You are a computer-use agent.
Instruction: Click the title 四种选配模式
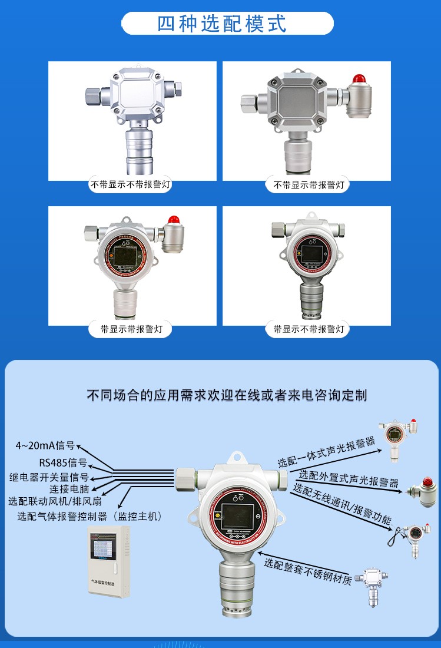pyautogui.click(x=222, y=24)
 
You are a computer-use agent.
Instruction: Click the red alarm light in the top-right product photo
pyautogui.click(x=357, y=79)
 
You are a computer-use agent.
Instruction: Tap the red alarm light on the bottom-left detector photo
pyautogui.click(x=173, y=219)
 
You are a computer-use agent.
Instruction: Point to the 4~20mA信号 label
pyautogui.click(x=45, y=445)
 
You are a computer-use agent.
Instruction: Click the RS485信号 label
pyautogui.click(x=63, y=462)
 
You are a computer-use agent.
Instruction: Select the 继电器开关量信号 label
pyautogui.click(x=49, y=477)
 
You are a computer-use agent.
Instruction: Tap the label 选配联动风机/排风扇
pyautogui.click(x=55, y=502)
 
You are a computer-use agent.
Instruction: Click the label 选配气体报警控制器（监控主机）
pyautogui.click(x=89, y=516)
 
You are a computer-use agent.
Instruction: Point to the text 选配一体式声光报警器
pyautogui.click(x=326, y=452)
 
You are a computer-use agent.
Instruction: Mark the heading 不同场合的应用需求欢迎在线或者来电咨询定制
pyautogui.click(x=227, y=395)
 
